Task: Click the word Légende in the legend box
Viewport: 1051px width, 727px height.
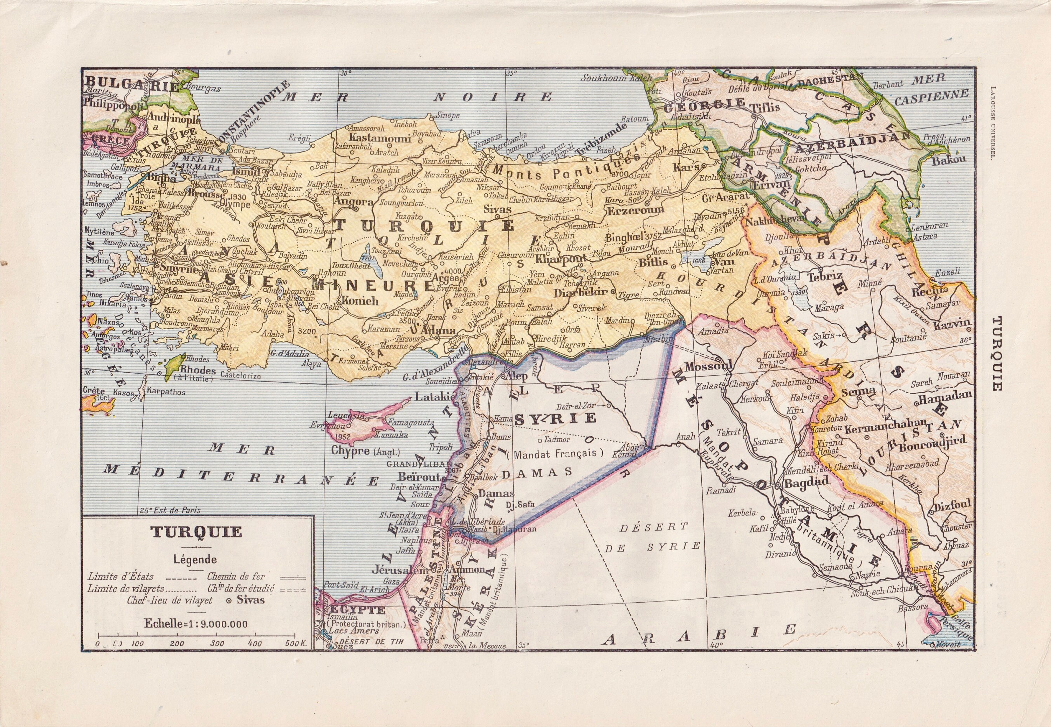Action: tap(197, 559)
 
